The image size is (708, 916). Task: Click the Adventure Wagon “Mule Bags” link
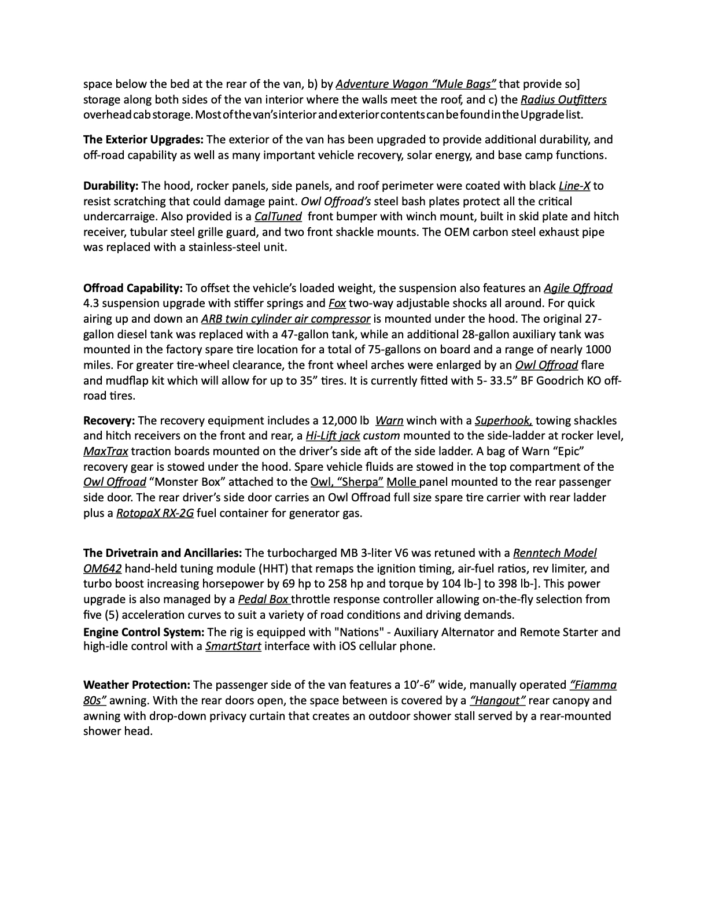415,84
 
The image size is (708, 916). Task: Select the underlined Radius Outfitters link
563,99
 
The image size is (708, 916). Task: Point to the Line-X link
574,186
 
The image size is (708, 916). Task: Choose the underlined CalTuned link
278,216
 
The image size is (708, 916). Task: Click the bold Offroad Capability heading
133,288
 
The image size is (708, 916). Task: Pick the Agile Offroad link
578,288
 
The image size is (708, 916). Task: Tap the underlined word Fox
337,303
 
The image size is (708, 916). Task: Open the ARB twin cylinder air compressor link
286,319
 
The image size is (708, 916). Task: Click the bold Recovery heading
109,420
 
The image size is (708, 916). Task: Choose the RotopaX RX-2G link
155,512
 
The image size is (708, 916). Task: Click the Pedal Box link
263,599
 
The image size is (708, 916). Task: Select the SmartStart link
233,646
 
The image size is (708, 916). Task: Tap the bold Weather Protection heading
137,685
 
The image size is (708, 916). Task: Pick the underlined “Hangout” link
497,700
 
